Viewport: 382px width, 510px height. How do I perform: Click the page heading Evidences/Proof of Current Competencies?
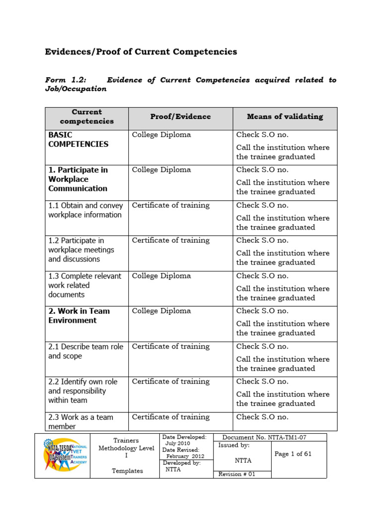141,52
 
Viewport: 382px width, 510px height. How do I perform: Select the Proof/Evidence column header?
181,117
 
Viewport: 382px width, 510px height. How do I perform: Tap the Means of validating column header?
285,117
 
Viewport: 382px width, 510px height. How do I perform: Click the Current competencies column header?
87,117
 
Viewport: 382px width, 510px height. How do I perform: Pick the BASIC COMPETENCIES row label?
78,139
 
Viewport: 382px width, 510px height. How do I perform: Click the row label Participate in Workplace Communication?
78,179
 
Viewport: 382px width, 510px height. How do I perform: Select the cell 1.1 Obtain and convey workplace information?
85,210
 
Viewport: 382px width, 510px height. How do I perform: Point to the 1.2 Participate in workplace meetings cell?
81,250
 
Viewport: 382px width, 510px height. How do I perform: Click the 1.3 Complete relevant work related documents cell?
85,285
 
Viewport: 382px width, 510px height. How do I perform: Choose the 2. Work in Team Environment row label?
79,316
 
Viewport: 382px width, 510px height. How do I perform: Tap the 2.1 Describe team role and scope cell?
86,351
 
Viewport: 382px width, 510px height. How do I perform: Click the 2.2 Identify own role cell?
83,391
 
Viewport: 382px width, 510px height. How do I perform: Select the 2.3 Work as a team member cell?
81,422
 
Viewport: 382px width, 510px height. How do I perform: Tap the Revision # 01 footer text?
237,474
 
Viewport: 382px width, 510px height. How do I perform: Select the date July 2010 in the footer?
178,443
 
